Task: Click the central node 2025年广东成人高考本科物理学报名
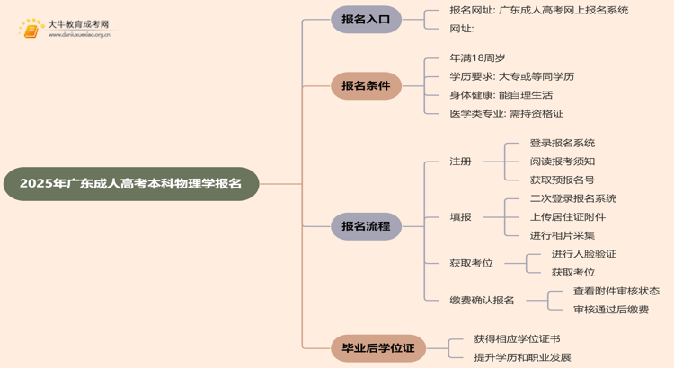pos(130,184)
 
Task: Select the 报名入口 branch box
pos(366,19)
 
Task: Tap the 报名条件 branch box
pos(366,86)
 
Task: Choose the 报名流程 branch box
pos(366,226)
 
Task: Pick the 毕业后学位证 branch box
pos(366,347)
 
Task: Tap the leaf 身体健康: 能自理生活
pos(501,95)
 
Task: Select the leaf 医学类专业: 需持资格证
pos(507,114)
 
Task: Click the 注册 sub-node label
pos(460,162)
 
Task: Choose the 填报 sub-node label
pos(460,217)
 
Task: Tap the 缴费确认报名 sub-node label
pos(482,301)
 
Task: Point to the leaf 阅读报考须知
pos(563,162)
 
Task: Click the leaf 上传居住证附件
pos(568,217)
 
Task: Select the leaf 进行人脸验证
pos(584,254)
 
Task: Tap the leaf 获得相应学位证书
pos(517,338)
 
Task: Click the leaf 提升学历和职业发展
pos(522,357)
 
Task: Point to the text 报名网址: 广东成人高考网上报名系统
pos(539,10)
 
